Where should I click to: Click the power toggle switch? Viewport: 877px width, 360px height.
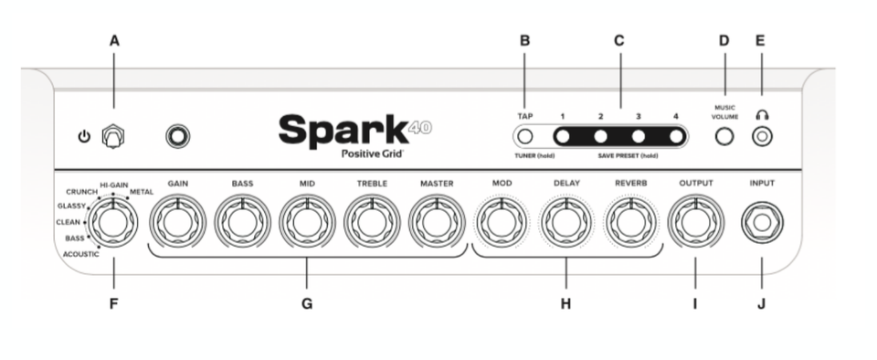[113, 136]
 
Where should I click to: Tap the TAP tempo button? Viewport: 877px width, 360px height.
[524, 136]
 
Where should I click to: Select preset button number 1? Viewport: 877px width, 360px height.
[563, 136]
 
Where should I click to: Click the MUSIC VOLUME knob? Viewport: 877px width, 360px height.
[724, 136]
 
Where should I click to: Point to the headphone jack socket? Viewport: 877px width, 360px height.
[762, 136]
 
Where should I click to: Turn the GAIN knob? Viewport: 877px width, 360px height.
[177, 222]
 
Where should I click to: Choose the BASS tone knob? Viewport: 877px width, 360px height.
[242, 222]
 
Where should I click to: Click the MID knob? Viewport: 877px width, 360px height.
[307, 222]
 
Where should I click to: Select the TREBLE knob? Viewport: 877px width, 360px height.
[372, 222]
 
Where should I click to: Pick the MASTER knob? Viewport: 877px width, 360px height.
[437, 222]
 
